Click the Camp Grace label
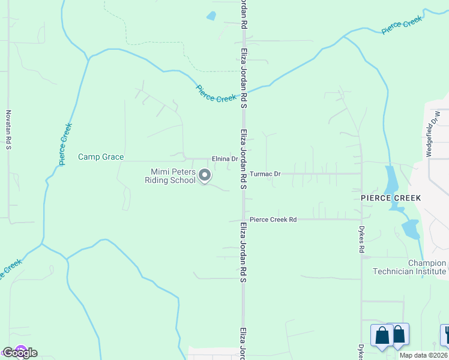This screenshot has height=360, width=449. [101, 157]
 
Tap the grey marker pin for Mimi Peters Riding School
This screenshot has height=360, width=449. [205, 176]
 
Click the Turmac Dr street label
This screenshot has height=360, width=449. [265, 174]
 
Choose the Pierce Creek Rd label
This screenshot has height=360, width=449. [273, 220]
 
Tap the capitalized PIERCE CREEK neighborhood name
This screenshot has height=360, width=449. [391, 197]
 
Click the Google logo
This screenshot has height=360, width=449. [19, 353]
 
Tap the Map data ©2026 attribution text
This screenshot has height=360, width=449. [424, 355]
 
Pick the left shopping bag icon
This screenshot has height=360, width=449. [382, 335]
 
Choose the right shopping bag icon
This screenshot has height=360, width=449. [398, 334]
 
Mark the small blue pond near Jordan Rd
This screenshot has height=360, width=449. [211, 16]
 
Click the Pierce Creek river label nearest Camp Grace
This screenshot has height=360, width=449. [65, 144]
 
